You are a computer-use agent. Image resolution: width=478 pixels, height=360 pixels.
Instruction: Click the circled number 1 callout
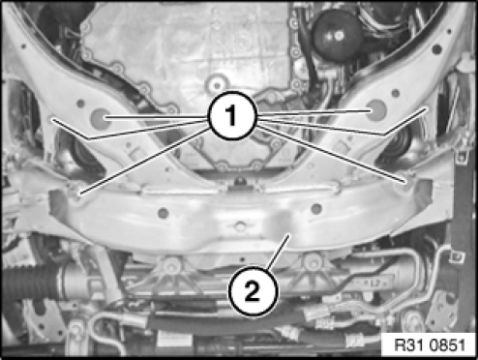[x=232, y=115]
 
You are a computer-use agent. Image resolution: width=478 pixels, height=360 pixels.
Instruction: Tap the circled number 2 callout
[x=253, y=291]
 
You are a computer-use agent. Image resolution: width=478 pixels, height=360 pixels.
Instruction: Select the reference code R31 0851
[x=431, y=345]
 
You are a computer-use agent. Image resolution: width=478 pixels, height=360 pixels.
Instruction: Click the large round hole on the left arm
[x=100, y=119]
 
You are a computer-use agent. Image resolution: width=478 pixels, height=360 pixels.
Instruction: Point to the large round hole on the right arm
[x=376, y=110]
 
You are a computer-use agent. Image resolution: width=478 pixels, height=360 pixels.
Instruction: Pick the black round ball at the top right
[x=337, y=36]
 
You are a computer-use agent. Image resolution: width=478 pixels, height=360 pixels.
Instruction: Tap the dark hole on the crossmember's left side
[x=164, y=213]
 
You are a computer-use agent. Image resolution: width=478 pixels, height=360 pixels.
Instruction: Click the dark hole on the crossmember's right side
[x=316, y=209]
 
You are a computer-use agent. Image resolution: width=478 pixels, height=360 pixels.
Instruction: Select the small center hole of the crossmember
[x=240, y=225]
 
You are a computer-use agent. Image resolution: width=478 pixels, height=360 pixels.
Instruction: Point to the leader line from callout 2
[x=278, y=252]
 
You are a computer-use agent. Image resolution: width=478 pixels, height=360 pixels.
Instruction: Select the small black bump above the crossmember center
[x=240, y=181]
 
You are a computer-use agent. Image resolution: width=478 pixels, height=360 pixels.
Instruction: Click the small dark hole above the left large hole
[x=80, y=104]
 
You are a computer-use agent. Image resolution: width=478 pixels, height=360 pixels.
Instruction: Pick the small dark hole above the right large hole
[x=396, y=93]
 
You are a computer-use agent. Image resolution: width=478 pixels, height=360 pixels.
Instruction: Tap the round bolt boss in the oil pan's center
[x=217, y=84]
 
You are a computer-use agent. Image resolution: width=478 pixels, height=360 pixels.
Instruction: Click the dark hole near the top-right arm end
[x=436, y=49]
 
